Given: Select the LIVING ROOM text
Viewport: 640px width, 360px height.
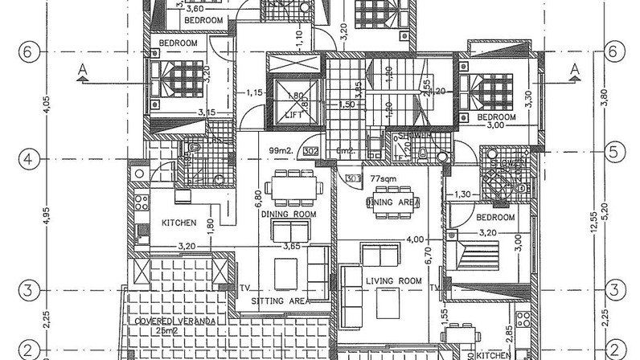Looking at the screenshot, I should (393, 280).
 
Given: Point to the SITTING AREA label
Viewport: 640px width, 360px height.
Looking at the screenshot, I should (278, 301).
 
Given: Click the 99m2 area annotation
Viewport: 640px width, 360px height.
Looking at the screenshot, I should (279, 150).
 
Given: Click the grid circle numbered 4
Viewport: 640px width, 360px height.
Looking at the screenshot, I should (27, 159).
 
